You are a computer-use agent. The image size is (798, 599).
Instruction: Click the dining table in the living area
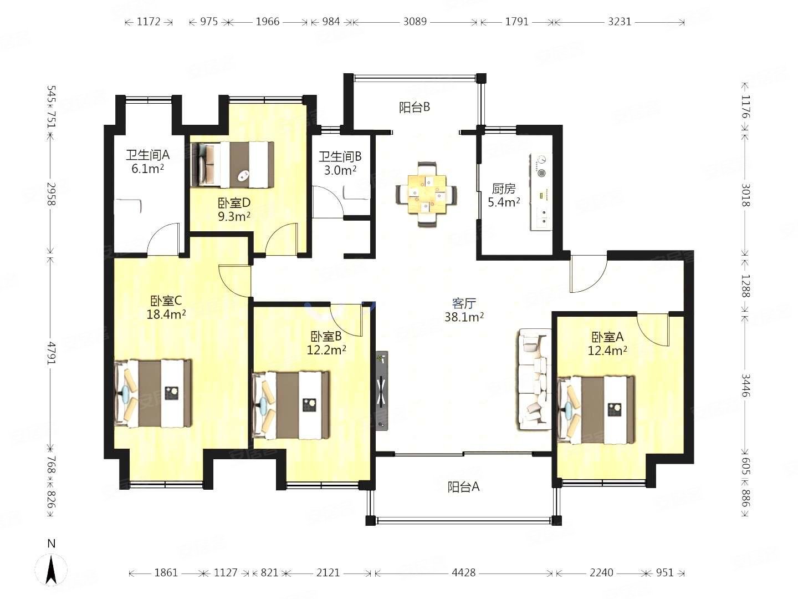(426, 194)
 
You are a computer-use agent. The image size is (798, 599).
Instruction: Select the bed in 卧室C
(153, 393)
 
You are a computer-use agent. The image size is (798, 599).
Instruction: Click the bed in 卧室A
(596, 410)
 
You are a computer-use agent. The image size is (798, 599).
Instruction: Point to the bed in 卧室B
(291, 405)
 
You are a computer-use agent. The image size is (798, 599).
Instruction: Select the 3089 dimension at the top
(415, 22)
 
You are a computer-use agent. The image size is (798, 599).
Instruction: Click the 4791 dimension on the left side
(52, 352)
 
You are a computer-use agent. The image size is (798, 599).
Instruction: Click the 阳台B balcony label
(415, 107)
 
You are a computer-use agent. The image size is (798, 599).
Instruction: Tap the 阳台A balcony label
(463, 486)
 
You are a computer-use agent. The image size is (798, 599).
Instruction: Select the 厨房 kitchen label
(504, 189)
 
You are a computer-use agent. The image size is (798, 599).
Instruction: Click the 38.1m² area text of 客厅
(464, 317)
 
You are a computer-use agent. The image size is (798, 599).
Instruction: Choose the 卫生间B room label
(340, 156)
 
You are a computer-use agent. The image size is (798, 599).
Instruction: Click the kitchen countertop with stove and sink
(541, 192)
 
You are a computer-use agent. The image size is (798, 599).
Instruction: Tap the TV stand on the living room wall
(382, 390)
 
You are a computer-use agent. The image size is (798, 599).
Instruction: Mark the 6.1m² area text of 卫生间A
(147, 169)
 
